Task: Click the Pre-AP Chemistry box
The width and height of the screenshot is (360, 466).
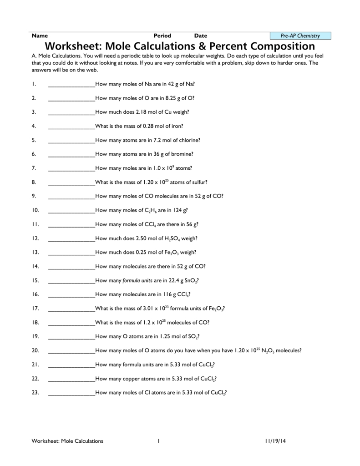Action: pos(300,35)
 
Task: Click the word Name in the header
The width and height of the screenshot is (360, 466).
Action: pos(40,35)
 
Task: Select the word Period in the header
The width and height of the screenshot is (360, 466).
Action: pos(162,35)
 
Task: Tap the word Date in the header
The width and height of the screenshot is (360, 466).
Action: pos(201,35)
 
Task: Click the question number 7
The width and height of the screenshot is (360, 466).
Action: pos(34,168)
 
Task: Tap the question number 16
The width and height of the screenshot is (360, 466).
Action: pos(35,294)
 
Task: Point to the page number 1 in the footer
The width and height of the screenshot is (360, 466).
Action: pos(159,441)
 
